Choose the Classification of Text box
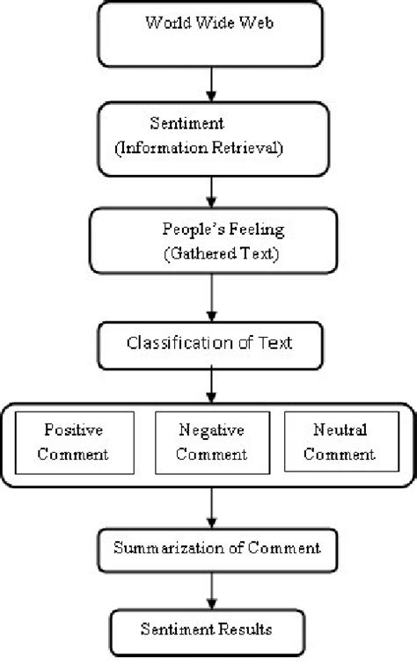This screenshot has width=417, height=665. click(209, 341)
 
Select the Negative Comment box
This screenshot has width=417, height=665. click(210, 442)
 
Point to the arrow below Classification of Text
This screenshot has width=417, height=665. click(210, 383)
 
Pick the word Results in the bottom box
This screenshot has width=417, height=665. click(243, 631)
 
